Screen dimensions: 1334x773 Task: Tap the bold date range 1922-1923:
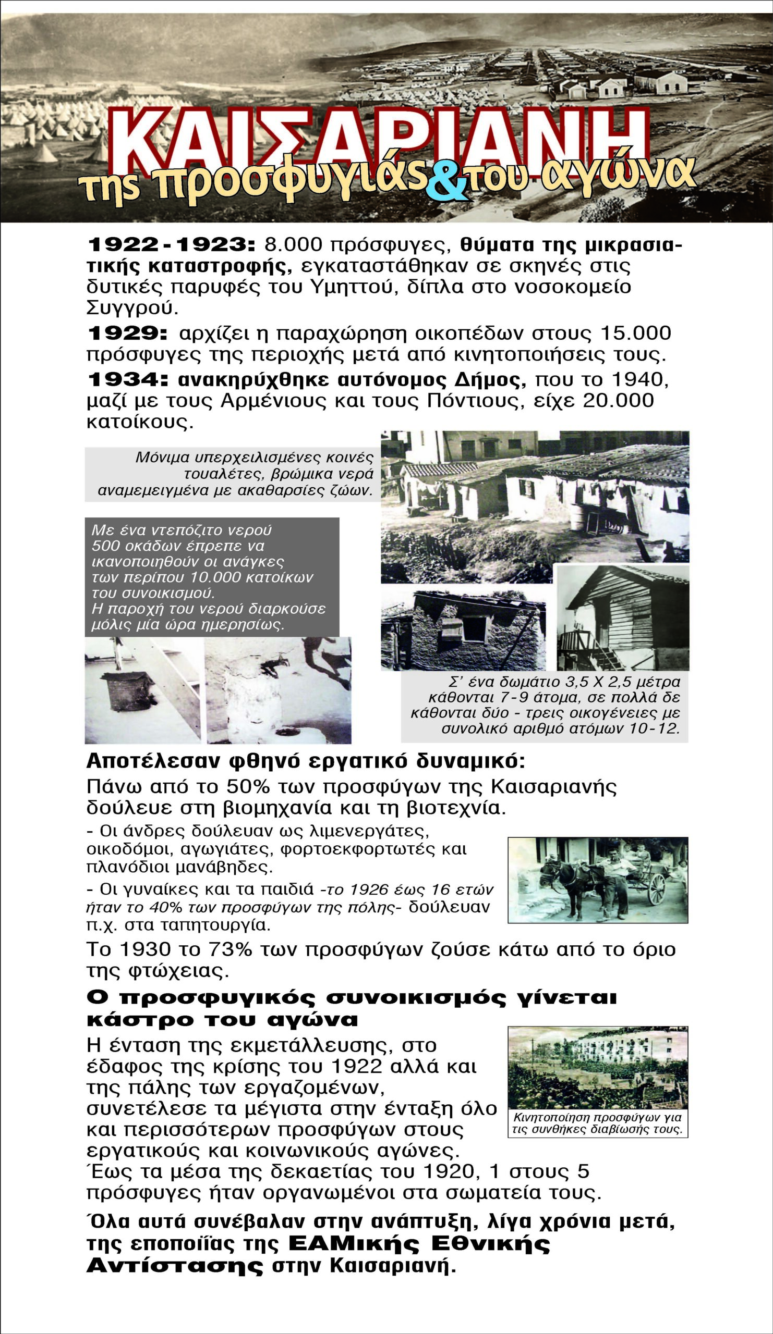point(171,244)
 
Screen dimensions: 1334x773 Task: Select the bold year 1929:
point(127,333)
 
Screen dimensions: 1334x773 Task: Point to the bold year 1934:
point(127,379)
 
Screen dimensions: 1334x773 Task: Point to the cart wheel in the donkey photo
point(656,890)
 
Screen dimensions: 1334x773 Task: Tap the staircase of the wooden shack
point(604,654)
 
